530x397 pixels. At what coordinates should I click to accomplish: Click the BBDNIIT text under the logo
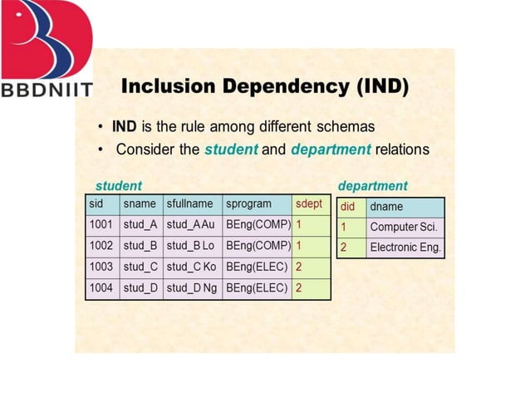[x=47, y=89]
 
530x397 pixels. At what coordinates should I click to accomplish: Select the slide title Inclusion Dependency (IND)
[x=264, y=87]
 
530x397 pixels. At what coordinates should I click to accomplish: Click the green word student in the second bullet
[x=232, y=149]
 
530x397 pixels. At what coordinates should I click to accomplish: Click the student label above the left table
[x=119, y=185]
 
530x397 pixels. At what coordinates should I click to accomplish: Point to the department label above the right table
[x=373, y=185]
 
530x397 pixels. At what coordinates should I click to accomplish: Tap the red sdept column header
[x=311, y=204]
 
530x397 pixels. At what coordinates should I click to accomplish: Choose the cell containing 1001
[x=101, y=225]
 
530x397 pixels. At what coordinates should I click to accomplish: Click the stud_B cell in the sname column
[x=140, y=247]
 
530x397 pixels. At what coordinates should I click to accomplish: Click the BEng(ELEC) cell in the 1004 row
[x=257, y=289]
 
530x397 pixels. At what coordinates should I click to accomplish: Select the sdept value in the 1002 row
[x=311, y=247]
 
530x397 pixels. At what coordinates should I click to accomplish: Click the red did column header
[x=350, y=207]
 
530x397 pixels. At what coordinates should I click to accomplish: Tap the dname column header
[x=405, y=207]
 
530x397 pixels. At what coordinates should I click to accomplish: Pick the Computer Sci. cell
[x=405, y=227]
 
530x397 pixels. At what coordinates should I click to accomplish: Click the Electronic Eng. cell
[x=405, y=248]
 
